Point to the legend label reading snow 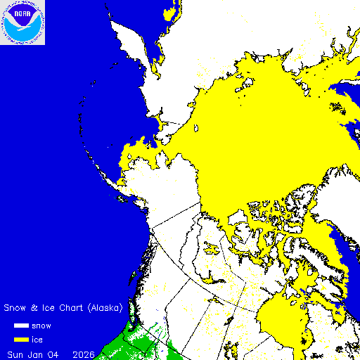[41, 326]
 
